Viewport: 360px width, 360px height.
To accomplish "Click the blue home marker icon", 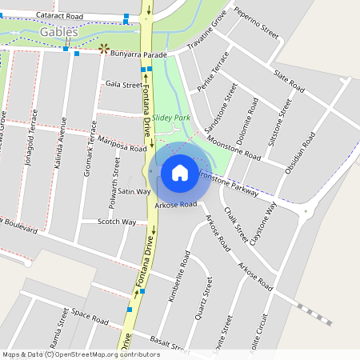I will pos(180,172).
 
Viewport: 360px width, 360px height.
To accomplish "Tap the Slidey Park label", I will pos(172,118).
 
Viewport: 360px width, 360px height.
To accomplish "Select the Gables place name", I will pos(59,32).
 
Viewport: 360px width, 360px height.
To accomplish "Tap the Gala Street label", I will pos(124,84).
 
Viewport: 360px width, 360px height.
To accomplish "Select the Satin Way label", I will pos(134,192).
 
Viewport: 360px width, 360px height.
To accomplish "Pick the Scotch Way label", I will pos(117,222).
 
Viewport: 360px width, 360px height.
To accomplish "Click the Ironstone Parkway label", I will pos(227,182).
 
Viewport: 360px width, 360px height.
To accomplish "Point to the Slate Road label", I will pos(289,80).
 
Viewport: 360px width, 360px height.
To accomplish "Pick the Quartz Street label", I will pos(202,299).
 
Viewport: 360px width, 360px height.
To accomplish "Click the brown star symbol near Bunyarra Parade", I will pos(102,49).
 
